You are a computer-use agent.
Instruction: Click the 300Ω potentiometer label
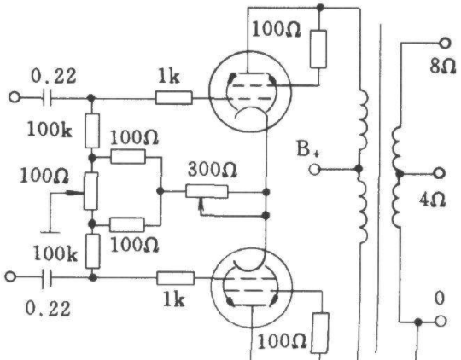coord(213,170)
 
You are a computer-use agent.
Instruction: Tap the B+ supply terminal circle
coord(314,170)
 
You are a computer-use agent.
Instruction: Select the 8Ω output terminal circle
coord(445,44)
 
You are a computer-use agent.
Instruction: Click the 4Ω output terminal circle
coord(440,173)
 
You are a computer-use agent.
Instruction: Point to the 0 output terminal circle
coord(441,322)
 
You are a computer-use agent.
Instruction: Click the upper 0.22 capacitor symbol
coord(47,97)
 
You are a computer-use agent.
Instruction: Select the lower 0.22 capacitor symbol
coord(47,277)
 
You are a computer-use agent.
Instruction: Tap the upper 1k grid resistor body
coord(174,97)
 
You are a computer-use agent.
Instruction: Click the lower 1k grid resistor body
coord(176,278)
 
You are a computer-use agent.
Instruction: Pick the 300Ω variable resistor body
coord(207,192)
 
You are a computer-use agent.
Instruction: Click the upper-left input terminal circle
coord(15,97)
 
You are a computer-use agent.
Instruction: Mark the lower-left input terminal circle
coord(10,277)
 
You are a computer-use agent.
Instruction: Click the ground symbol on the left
coord(50,232)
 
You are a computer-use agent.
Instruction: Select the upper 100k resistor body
coord(92,131)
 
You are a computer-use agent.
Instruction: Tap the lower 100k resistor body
coord(93,252)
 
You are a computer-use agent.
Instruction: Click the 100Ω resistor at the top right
coord(318,49)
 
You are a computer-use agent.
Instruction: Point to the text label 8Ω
coord(442,67)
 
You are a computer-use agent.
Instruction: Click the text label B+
coord(308,148)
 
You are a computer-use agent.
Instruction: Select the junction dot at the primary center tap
coord(359,169)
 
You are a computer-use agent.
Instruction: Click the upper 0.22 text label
coord(54,76)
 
